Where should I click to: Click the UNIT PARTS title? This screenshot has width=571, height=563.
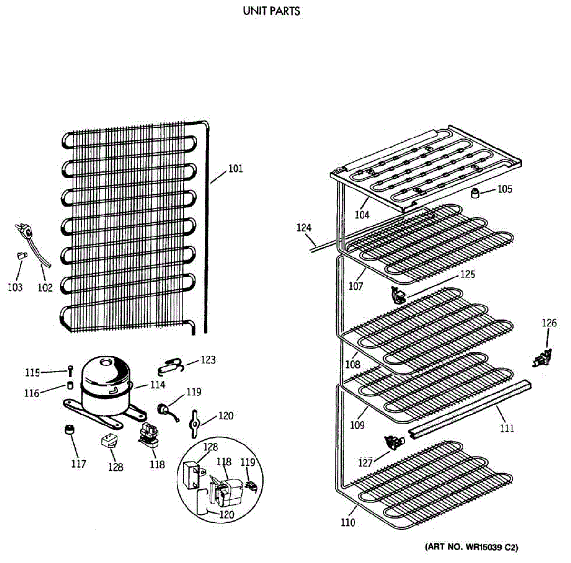click(x=271, y=10)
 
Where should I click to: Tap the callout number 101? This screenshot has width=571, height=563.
click(x=236, y=168)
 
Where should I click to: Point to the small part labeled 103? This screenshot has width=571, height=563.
click(x=20, y=256)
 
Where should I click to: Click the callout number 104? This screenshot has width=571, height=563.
click(x=362, y=215)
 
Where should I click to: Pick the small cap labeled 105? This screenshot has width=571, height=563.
click(x=474, y=193)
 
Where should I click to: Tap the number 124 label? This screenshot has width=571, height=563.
click(x=304, y=227)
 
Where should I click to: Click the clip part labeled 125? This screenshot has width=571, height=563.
click(x=397, y=296)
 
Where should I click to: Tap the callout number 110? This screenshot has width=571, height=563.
click(x=348, y=523)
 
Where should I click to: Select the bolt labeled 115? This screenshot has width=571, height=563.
click(x=70, y=370)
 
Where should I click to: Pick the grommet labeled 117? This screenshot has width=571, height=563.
click(x=69, y=429)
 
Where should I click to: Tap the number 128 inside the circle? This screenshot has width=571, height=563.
click(x=210, y=446)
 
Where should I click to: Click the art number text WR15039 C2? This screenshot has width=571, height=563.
click(x=471, y=547)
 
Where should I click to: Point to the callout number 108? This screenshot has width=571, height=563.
click(x=353, y=365)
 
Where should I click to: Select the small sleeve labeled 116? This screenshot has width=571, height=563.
click(x=70, y=385)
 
